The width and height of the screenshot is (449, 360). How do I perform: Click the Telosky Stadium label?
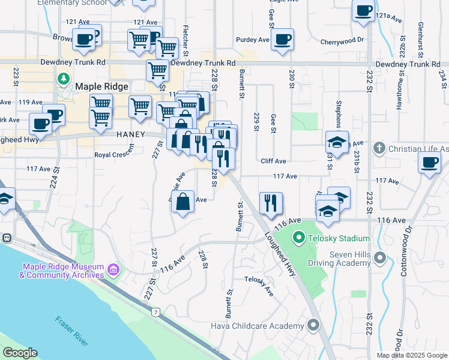(x=340, y=239)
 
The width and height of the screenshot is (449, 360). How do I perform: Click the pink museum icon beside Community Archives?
(x=113, y=271)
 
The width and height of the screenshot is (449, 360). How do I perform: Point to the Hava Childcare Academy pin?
(x=313, y=325)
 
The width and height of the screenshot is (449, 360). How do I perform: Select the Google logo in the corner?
(x=20, y=353)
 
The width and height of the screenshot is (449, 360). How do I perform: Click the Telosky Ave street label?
(x=258, y=284)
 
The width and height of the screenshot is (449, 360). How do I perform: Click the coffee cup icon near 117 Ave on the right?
(x=430, y=163)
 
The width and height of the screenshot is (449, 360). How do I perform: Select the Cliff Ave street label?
(x=273, y=161)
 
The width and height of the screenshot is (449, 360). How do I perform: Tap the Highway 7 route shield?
(x=155, y=312)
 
